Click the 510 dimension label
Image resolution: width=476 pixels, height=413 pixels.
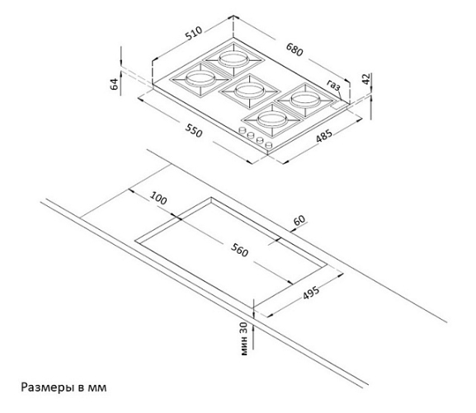(x=194, y=33)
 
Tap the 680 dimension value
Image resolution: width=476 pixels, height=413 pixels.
(x=295, y=49)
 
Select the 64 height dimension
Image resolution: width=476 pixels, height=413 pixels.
(x=114, y=84)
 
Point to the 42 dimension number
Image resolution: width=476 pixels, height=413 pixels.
(x=367, y=79)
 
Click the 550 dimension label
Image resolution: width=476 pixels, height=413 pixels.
(x=194, y=130)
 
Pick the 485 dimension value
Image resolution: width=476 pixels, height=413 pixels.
(x=324, y=136)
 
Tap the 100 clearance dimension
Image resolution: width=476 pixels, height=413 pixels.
(x=158, y=198)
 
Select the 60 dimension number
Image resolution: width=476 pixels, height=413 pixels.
(x=299, y=220)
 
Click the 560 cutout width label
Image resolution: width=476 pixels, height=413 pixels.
(x=239, y=250)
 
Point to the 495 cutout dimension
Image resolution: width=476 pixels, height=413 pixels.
(x=311, y=293)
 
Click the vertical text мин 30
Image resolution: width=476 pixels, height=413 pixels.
(x=244, y=338)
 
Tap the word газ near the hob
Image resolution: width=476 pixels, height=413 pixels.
(x=333, y=85)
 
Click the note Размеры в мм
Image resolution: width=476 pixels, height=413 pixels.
(x=64, y=387)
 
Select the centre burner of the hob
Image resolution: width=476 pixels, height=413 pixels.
(x=249, y=90)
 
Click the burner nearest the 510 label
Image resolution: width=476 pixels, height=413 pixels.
(x=233, y=59)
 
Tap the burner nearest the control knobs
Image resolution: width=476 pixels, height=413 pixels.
(x=272, y=120)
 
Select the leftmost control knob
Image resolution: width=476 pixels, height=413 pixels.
(x=242, y=130)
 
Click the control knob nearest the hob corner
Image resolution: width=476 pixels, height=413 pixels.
(x=269, y=145)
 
